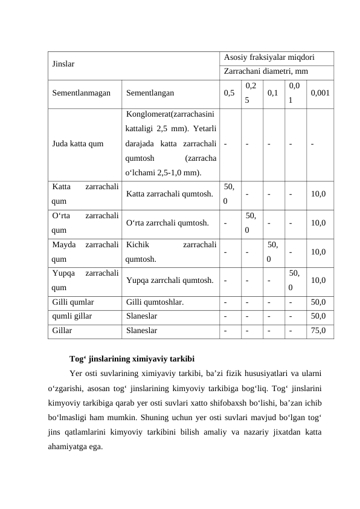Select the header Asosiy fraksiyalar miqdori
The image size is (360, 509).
[268, 58]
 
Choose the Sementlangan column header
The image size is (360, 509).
[150, 94]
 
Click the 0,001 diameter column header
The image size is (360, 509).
[320, 94]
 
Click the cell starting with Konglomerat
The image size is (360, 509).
[171, 144]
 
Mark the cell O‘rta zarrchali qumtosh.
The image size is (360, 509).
[168, 222]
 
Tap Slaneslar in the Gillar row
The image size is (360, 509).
[142, 331]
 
